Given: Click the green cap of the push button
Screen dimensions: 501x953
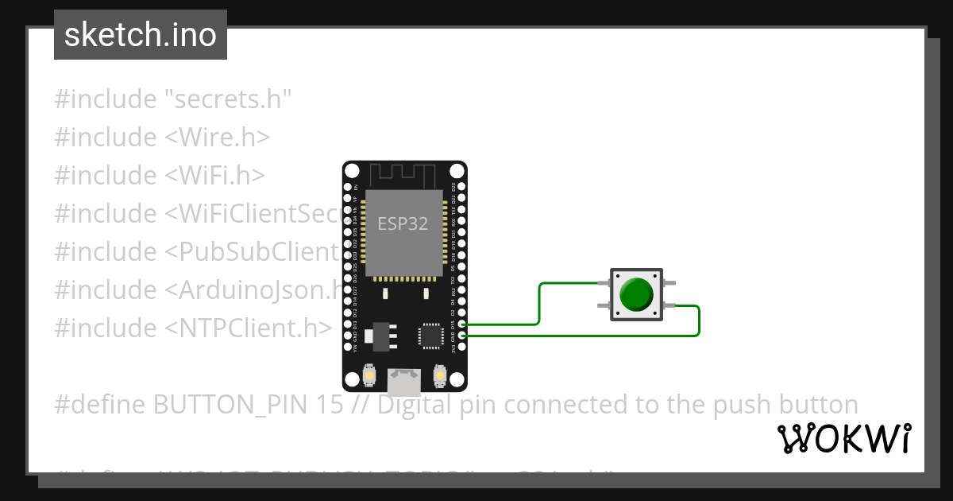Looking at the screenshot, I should coord(636,294).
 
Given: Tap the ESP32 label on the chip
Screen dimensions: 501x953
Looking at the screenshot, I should coord(403,224).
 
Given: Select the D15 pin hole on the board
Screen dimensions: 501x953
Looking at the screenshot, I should coord(463,324).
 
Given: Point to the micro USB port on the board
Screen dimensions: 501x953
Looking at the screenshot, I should coord(404,383).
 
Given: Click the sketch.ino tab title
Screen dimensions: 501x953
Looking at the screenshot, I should coord(141,35).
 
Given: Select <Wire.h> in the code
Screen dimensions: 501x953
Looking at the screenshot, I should coord(217,138).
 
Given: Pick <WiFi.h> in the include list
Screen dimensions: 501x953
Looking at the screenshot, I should coord(214,176).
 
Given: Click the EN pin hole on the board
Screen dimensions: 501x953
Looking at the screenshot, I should coord(347,187).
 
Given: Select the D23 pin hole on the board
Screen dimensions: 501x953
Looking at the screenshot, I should coord(463,187).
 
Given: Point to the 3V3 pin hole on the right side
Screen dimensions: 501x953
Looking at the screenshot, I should coord(463,348).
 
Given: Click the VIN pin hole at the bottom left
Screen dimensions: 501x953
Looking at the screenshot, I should coord(347,348).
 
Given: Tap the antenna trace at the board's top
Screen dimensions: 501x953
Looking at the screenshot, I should coord(404,173).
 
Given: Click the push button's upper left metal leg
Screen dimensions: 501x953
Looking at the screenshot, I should coord(603,283).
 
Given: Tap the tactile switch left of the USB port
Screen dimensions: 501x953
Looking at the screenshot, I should coord(369,375).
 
